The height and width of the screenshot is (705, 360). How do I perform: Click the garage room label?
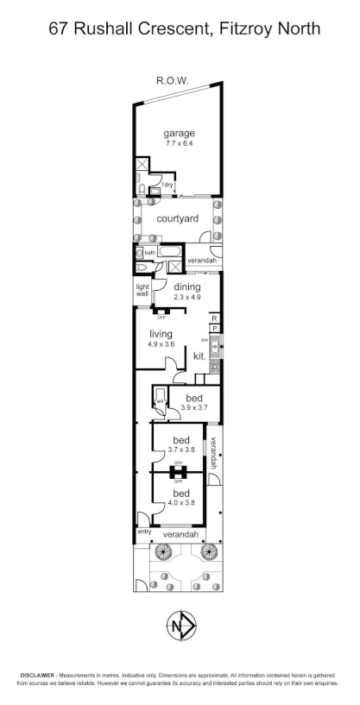click(180, 133)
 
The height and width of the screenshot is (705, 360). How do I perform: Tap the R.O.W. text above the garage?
click(172, 80)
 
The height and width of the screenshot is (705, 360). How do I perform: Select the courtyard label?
click(178, 218)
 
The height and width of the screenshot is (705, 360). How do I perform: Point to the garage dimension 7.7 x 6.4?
click(180, 143)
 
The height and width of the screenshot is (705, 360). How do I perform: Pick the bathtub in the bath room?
click(170, 253)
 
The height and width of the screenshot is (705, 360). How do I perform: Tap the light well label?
click(142, 292)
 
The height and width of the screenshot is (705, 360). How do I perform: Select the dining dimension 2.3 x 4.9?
click(187, 298)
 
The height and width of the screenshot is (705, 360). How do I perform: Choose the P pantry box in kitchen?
click(214, 329)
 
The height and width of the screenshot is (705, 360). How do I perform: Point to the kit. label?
click(199, 356)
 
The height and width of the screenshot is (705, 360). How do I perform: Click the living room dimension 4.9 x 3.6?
click(161, 344)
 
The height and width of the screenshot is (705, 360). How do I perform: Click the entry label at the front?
click(143, 532)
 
